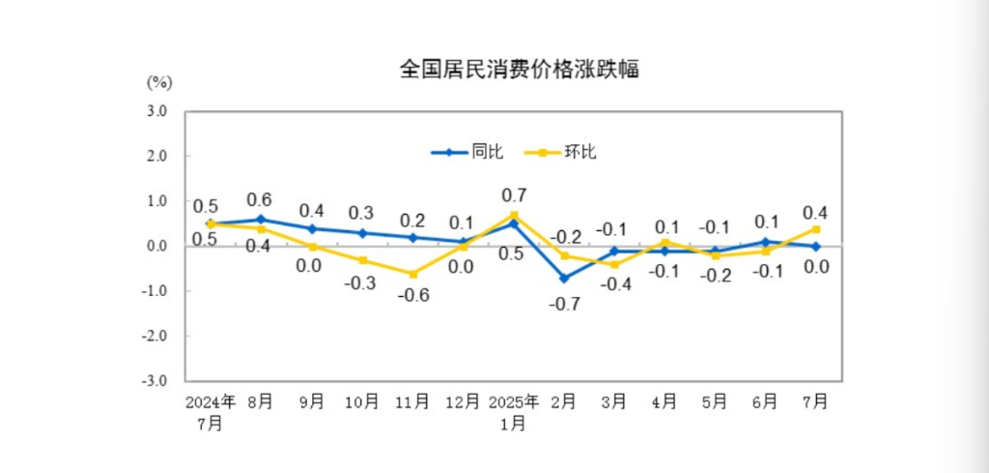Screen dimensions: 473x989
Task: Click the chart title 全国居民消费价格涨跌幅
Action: [x=519, y=70]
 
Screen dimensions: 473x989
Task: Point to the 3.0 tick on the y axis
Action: [x=156, y=111]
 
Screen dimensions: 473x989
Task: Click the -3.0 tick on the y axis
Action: [x=155, y=380]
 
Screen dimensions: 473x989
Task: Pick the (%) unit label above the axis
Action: [x=157, y=82]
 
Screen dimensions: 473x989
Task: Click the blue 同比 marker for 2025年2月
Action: [x=563, y=278]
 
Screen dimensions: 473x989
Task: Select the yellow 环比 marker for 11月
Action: [x=412, y=274]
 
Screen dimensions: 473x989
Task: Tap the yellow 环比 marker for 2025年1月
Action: [x=514, y=215]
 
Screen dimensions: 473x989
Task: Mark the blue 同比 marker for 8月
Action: [x=261, y=220]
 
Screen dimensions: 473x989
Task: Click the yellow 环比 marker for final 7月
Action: [x=816, y=229]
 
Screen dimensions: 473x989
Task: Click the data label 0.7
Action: [x=512, y=193]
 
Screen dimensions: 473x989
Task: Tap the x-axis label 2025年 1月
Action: [x=512, y=412]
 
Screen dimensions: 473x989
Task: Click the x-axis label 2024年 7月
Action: [x=211, y=412]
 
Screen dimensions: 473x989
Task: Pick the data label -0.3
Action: [x=360, y=283]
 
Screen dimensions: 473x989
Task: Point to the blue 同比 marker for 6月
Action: [x=765, y=242]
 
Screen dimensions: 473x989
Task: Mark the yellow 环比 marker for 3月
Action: [x=613, y=264]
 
